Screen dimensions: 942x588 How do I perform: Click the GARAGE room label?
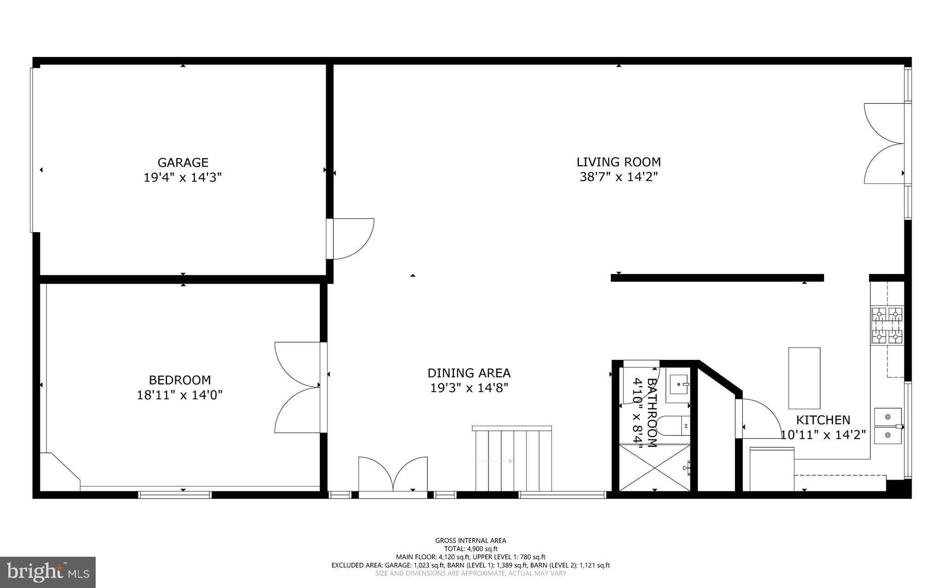pyautogui.click(x=183, y=162)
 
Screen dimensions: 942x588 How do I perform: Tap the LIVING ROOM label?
pyautogui.click(x=619, y=162)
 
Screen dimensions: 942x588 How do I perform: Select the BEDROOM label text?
pyautogui.click(x=180, y=380)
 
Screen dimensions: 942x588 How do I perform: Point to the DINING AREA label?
pyautogui.click(x=469, y=373)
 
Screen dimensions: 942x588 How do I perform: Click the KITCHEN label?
pyautogui.click(x=823, y=420)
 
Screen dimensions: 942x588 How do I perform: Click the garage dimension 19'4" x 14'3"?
pyautogui.click(x=183, y=177)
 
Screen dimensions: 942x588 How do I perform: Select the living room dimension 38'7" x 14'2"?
pyautogui.click(x=619, y=177)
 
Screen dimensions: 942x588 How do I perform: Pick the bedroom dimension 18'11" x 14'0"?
pyautogui.click(x=180, y=395)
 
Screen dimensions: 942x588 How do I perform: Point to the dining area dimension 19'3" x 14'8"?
pyautogui.click(x=469, y=388)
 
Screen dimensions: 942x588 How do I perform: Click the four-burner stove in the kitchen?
pyautogui.click(x=887, y=326)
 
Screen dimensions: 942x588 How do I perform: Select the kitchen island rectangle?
pyautogui.click(x=804, y=378)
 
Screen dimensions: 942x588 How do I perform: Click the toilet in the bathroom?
pyautogui.click(x=673, y=426)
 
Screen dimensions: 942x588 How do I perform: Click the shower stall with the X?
pyautogui.click(x=655, y=468)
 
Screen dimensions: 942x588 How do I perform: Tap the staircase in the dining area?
pyautogui.click(x=512, y=458)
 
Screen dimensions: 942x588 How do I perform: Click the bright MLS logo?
pyautogui.click(x=48, y=572)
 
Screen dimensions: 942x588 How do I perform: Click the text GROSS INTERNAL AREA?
pyautogui.click(x=471, y=541)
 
